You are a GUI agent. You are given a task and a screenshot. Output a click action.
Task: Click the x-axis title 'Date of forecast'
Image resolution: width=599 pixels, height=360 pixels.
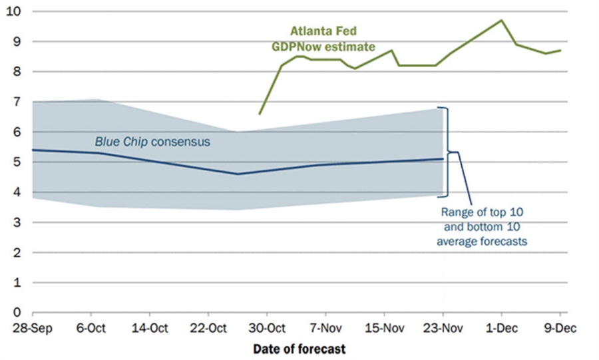point(299,348)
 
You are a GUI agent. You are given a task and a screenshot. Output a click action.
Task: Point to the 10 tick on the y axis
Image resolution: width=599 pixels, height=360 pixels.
point(13,11)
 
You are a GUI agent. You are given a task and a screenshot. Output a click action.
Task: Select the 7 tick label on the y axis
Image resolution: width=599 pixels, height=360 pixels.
point(17,102)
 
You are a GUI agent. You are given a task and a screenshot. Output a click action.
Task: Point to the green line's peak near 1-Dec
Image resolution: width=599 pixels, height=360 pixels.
point(501,20)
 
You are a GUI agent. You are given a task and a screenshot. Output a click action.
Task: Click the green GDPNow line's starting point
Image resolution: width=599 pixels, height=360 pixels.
point(260,114)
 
